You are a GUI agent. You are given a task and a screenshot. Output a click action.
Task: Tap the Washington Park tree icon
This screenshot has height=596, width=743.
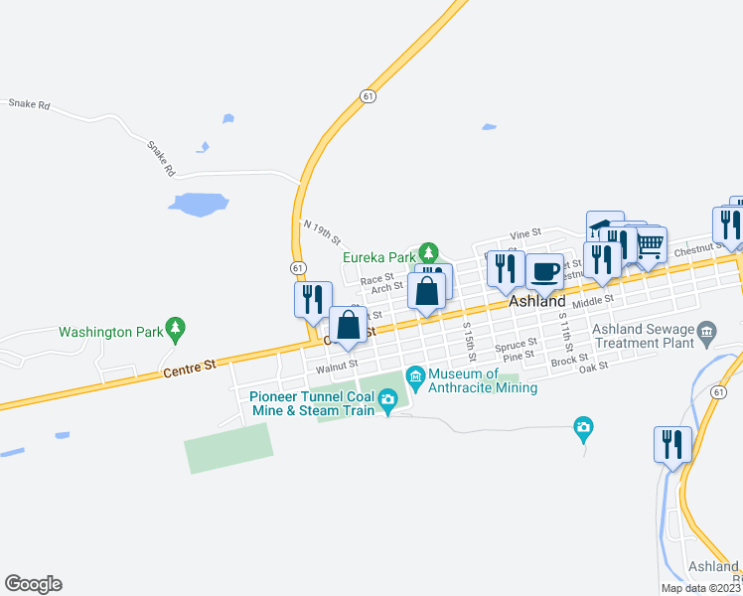[176, 326]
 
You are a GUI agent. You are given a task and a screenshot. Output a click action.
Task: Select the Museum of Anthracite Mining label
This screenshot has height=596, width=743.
[483, 380]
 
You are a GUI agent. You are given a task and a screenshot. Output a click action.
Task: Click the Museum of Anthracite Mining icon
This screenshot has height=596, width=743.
[414, 374]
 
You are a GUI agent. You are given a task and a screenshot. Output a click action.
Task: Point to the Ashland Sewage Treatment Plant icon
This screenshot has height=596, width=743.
[706, 330]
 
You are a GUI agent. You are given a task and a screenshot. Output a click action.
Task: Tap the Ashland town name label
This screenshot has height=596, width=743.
[537, 302]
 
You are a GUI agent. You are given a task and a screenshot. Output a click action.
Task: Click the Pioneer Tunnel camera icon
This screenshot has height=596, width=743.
[388, 400]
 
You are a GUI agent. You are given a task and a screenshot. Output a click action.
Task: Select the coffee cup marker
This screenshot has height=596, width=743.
[544, 271]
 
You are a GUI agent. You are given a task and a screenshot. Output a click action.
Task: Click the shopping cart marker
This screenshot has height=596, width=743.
[650, 242]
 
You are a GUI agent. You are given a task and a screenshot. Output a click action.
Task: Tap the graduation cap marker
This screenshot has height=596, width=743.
[604, 225]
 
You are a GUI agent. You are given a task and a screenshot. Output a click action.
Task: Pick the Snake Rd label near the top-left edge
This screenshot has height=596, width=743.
[30, 103]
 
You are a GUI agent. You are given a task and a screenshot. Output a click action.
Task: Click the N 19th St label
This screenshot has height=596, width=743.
[323, 233]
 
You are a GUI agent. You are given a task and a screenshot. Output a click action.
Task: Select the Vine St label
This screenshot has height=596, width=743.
[524, 233]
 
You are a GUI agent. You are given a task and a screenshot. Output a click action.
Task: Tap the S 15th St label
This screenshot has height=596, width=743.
[468, 340]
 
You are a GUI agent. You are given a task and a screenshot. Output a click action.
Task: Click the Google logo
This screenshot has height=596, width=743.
[33, 584]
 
